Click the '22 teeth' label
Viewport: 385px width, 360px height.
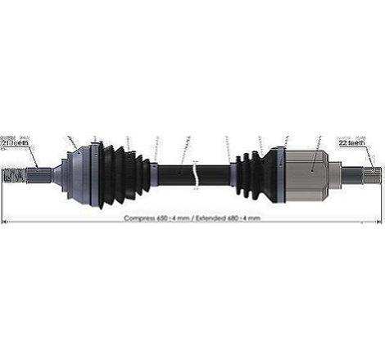pyautogui.click(x=354, y=142)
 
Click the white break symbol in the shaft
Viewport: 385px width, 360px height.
pyautogui.click(x=195, y=174)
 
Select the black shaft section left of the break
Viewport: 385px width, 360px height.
pyautogui.click(x=174, y=174)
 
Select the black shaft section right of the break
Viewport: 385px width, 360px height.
pyautogui.click(x=215, y=174)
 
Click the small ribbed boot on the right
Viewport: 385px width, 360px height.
pyautogui.click(x=250, y=174)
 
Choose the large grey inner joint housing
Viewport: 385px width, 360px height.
pyautogui.click(x=307, y=173)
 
